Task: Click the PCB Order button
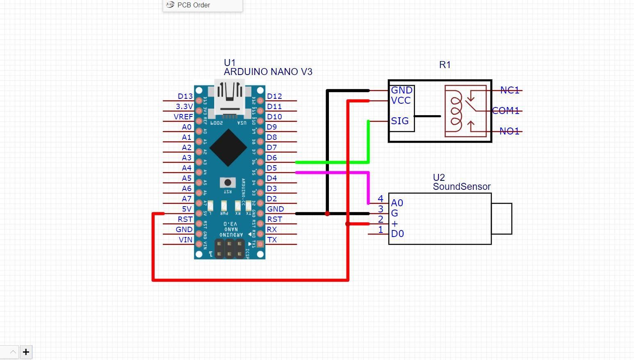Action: coord(193,5)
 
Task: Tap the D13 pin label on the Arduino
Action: coord(185,96)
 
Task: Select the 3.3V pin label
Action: coord(184,107)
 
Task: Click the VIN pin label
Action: coord(185,240)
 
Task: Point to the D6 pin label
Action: coord(271,158)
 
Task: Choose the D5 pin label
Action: coord(271,168)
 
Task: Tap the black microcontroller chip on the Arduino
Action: coord(228,148)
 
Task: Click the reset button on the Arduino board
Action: coord(228,182)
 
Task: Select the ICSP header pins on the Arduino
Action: coord(229,248)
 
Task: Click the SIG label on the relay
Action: coord(400,121)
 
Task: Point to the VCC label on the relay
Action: coord(401,101)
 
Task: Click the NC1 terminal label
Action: coord(510,90)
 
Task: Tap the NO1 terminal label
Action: coord(509,131)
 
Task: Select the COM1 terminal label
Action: coord(506,111)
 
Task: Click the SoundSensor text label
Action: coord(462,187)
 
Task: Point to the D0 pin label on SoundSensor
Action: coord(397,234)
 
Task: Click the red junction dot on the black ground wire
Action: coord(327,214)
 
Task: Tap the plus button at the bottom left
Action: coord(26,352)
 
